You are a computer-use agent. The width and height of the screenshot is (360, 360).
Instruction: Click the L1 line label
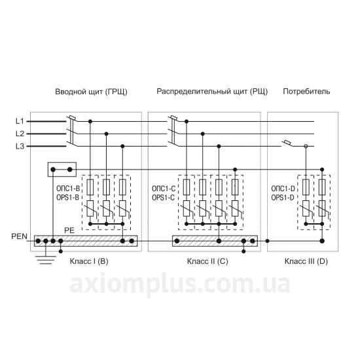tap(20, 121)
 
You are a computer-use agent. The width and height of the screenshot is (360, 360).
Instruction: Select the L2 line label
tap(20, 134)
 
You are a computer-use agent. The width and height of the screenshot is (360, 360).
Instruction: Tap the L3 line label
tap(20, 146)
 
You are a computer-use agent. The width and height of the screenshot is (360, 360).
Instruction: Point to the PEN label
tap(19, 236)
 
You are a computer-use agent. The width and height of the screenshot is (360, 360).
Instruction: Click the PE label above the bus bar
tap(69, 230)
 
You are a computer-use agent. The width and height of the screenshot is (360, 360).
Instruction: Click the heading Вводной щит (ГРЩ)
tap(91, 92)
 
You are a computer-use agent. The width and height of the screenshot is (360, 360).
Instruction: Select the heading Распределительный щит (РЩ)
tap(212, 92)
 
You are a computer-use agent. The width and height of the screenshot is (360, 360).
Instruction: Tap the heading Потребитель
tap(306, 92)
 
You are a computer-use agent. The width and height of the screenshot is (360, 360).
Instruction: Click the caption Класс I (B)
tap(89, 261)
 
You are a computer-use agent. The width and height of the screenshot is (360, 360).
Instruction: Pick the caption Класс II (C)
tap(207, 261)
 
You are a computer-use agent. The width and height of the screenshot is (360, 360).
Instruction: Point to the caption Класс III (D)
tap(306, 261)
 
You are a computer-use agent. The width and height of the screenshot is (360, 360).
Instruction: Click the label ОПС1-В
tap(68, 189)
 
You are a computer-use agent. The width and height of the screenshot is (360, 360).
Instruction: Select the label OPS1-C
tap(163, 198)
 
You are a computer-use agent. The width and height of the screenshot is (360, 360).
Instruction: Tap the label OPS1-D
tap(283, 198)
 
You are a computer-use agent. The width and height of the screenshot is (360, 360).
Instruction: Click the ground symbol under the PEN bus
tap(46, 260)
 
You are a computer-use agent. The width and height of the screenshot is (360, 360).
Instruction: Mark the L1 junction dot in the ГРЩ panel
tap(90, 121)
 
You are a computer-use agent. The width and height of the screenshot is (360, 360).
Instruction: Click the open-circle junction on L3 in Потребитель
tap(306, 146)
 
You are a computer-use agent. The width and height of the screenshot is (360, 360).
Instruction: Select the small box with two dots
tap(62, 170)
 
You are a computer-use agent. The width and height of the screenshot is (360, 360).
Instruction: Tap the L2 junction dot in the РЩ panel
tap(202, 134)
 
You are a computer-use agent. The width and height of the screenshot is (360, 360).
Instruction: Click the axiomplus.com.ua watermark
tap(180, 285)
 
